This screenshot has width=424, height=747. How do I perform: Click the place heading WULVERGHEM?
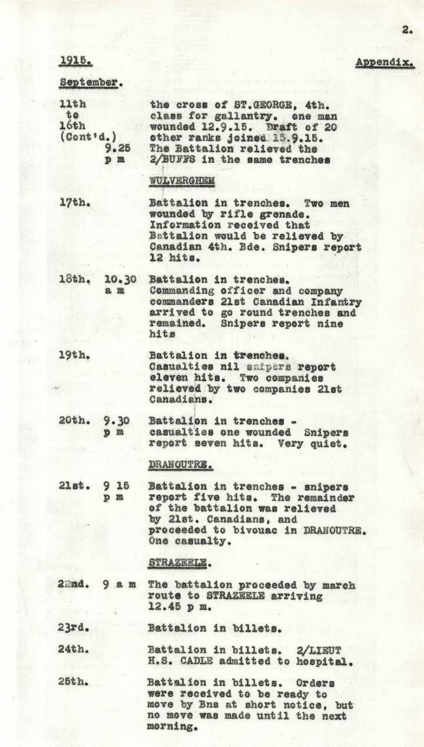[x=181, y=180]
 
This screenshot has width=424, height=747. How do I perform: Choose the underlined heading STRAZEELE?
[x=177, y=563]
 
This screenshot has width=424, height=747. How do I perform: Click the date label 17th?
[x=75, y=203]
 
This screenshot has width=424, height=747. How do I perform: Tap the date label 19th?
[x=74, y=356]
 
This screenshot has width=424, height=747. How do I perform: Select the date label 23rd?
[x=74, y=628]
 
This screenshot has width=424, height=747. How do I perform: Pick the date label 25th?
[x=74, y=682]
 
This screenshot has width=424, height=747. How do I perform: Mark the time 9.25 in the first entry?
[x=121, y=148]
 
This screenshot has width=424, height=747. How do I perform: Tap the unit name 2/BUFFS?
[x=174, y=160]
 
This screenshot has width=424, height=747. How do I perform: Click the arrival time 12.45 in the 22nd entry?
[x=166, y=607]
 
